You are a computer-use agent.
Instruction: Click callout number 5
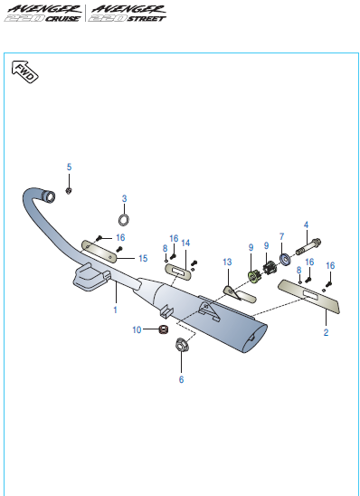click(68, 167)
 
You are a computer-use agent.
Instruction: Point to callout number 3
click(125, 198)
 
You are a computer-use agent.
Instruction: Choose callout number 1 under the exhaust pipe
click(115, 310)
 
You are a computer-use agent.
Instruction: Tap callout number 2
click(326, 332)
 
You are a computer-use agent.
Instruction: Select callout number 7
click(281, 236)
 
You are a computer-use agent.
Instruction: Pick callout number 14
click(185, 243)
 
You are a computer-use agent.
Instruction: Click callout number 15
click(142, 258)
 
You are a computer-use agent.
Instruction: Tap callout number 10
click(137, 329)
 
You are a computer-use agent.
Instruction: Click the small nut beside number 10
click(164, 329)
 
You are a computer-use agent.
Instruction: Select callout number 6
click(180, 379)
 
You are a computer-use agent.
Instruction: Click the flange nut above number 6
click(180, 345)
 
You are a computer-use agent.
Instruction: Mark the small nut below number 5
click(70, 191)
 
